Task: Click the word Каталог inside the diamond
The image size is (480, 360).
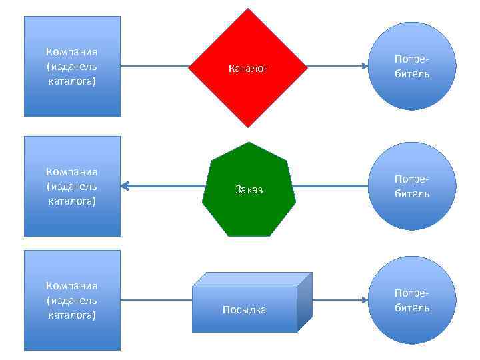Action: pyautogui.click(x=248, y=68)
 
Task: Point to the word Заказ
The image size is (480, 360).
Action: pyautogui.click(x=249, y=190)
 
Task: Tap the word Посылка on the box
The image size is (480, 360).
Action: pyautogui.click(x=244, y=310)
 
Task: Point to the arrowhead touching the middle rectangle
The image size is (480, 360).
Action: pyautogui.click(x=125, y=187)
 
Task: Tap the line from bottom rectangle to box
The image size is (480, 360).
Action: pyautogui.click(x=157, y=300)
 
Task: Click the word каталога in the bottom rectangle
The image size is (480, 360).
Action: pyautogui.click(x=72, y=315)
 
